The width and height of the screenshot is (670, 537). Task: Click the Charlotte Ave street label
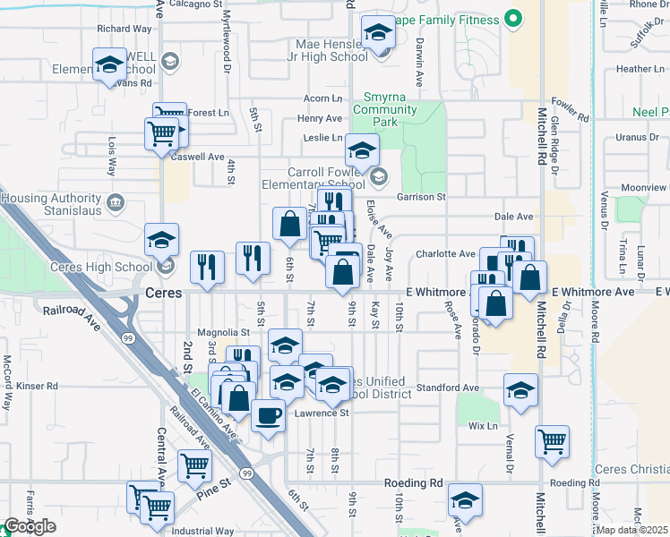click(x=443, y=253)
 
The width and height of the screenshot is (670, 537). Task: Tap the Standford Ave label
click(x=448, y=388)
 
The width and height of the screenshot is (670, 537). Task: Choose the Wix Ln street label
click(x=483, y=426)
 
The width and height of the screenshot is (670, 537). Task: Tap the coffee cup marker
click(x=269, y=414)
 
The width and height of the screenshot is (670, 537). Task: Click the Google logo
click(x=30, y=526)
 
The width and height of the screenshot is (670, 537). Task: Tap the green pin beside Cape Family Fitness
click(x=513, y=17)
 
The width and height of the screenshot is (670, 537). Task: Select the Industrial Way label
click(x=202, y=531)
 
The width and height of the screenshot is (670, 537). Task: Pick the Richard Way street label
click(x=125, y=29)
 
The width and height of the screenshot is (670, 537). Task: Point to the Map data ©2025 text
click(x=632, y=530)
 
